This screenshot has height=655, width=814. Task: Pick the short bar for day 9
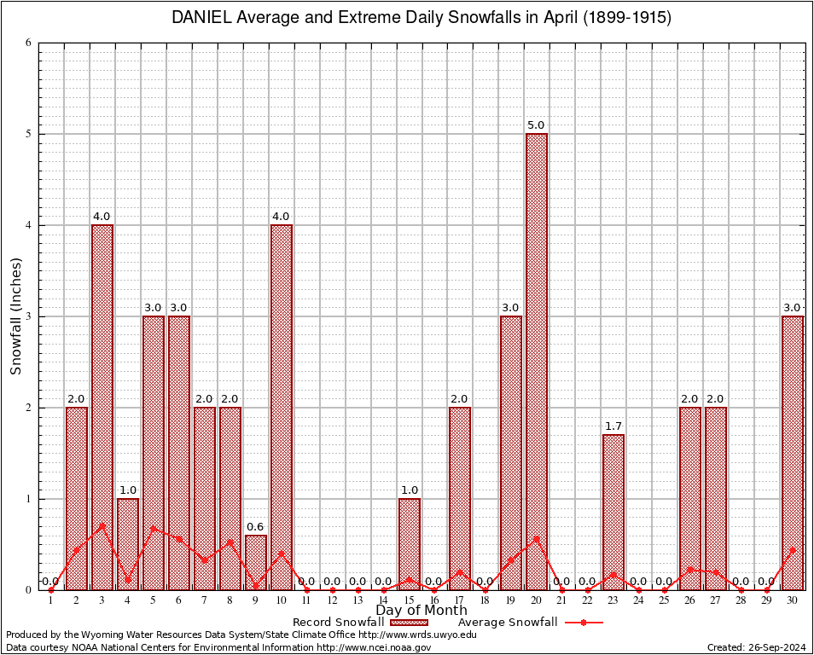point(256,562)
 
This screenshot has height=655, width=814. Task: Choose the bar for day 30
point(793,453)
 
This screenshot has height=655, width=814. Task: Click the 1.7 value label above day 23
point(613,426)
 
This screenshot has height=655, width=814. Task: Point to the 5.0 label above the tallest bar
point(536,125)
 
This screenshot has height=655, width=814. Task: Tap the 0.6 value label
point(255,526)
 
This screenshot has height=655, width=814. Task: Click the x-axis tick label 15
point(409,600)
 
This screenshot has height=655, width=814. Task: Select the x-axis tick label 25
point(664,600)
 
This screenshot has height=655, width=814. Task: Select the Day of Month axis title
point(422,611)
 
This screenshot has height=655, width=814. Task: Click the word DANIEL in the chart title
point(202,18)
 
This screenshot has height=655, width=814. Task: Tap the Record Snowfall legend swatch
point(408,623)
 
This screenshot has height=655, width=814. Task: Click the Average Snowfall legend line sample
point(584,623)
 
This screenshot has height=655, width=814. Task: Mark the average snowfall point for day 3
point(102,525)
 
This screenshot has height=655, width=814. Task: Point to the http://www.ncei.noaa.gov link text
point(375,647)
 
